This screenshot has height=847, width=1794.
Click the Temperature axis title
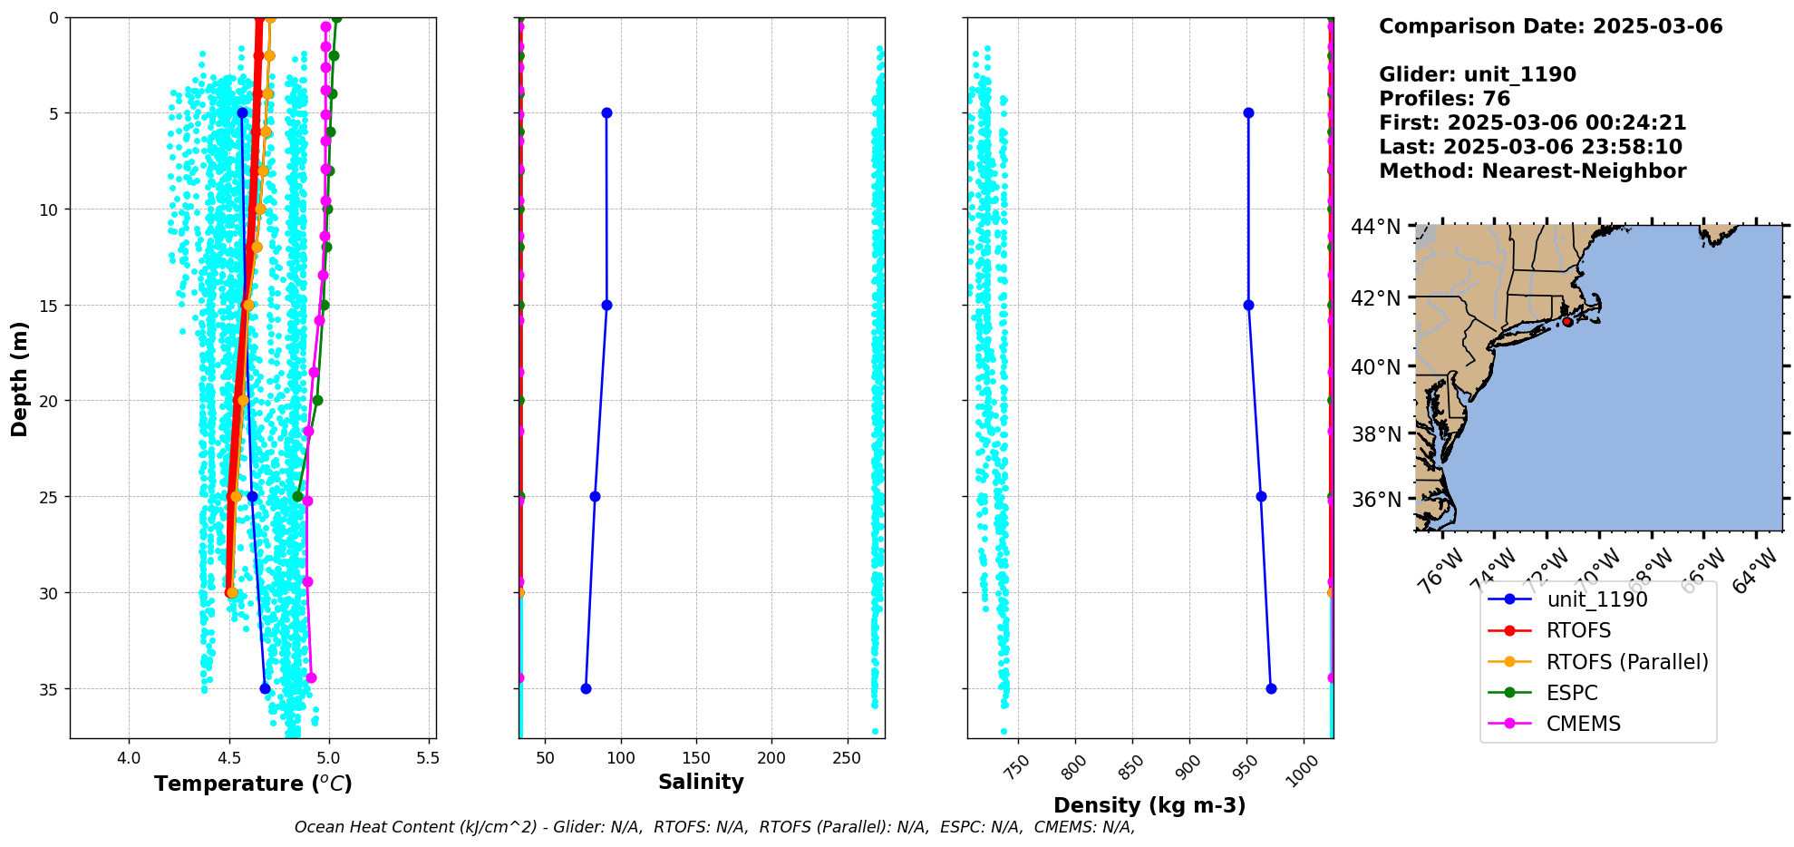click(253, 784)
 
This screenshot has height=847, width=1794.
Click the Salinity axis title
click(701, 782)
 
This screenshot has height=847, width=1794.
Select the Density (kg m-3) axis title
click(1149, 805)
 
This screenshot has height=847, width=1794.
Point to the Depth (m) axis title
click(19, 378)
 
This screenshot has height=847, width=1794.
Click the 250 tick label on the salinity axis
click(847, 758)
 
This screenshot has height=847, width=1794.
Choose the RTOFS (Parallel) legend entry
click(1627, 662)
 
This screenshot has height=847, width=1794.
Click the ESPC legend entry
click(1572, 693)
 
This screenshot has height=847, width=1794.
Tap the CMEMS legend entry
click(1583, 724)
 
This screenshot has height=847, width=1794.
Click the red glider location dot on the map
click(1567, 322)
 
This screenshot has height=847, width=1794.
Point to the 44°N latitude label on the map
click(1375, 227)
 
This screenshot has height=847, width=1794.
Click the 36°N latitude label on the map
click(1375, 500)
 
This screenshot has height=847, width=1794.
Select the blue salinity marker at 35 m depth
click(586, 688)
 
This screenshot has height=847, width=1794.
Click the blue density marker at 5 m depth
click(1248, 113)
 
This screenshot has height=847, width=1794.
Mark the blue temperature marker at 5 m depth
click(242, 113)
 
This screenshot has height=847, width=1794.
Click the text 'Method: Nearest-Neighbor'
click(1532, 171)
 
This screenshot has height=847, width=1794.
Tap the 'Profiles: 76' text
click(1444, 99)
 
